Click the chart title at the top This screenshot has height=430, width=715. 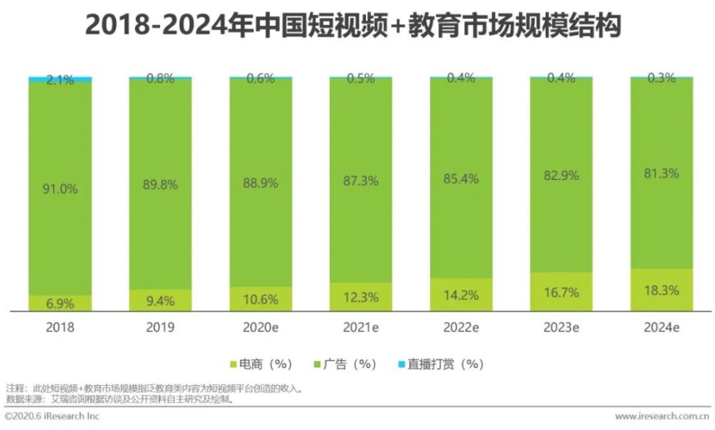(x=353, y=26)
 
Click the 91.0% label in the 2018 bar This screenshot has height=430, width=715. (x=60, y=189)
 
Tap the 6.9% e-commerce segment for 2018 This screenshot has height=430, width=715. (x=60, y=303)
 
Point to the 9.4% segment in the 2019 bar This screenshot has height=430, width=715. (x=160, y=301)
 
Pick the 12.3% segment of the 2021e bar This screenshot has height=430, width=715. (x=361, y=297)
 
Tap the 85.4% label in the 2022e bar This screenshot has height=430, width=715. (x=461, y=177)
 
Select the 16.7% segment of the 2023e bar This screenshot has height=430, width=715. (x=561, y=291)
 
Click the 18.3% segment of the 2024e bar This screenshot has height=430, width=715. (x=661, y=290)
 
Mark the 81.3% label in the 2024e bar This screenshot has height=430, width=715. (x=661, y=174)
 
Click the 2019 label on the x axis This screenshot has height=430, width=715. (x=160, y=329)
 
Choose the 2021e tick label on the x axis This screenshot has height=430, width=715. (x=361, y=329)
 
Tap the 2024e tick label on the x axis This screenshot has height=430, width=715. (x=661, y=329)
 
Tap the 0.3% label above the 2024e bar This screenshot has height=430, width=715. (x=661, y=79)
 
